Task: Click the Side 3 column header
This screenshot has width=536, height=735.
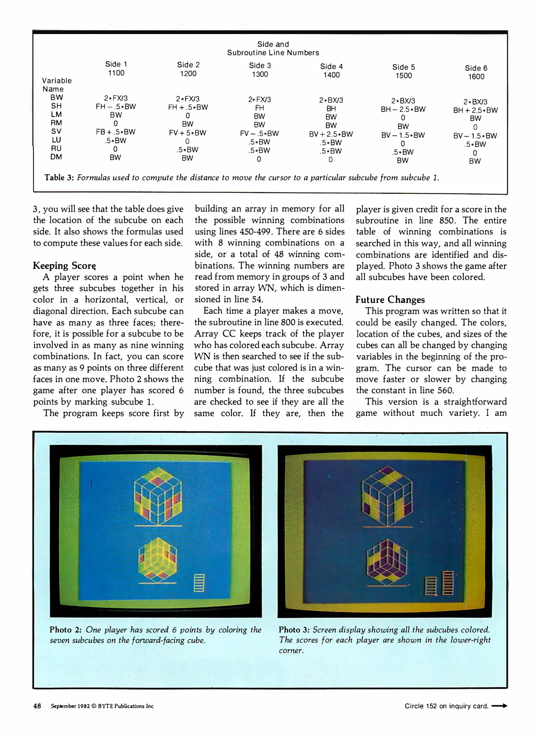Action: point(260,65)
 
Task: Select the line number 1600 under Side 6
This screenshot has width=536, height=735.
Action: point(476,77)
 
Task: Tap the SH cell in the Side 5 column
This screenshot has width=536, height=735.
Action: point(403,109)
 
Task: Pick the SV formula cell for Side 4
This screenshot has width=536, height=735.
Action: point(331,134)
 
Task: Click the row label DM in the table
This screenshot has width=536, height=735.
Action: point(56,157)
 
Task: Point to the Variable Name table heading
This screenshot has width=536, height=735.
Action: point(57,85)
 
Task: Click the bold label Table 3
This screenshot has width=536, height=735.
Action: point(59,178)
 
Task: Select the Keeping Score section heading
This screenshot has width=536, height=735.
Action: point(64,265)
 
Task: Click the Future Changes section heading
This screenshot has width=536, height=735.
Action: point(390,299)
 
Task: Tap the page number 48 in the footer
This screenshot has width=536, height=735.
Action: point(37,706)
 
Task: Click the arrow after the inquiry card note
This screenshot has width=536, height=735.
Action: point(499,706)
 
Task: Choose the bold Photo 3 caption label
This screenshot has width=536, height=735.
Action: point(294,630)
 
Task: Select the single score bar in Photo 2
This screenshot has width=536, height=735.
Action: point(199,583)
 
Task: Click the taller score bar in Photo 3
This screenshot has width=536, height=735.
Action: point(447,583)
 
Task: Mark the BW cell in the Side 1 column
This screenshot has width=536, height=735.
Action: point(116,98)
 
